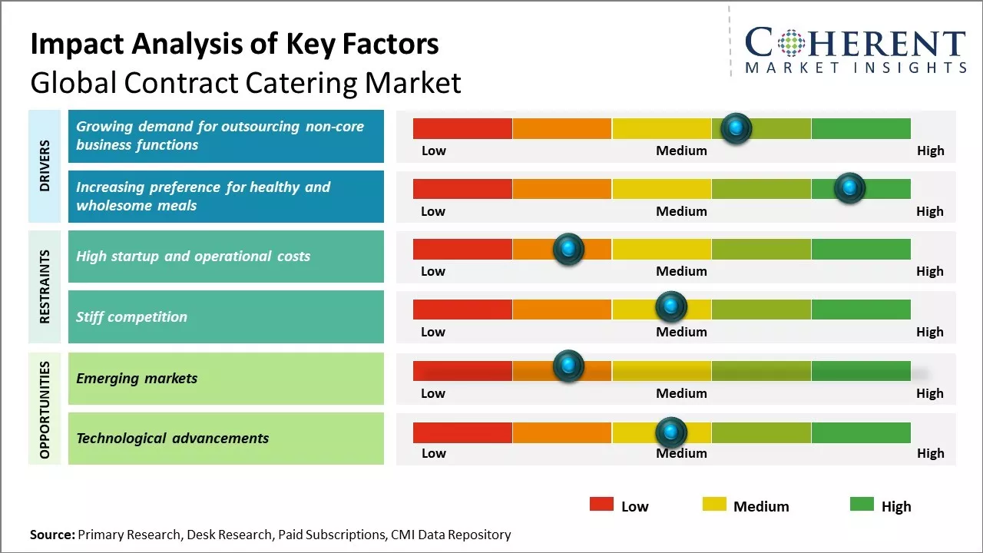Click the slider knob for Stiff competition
coord(671,307)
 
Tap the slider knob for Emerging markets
coord(568,367)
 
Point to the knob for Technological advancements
coord(671,432)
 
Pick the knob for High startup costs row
coord(568,249)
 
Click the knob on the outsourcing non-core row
coord(736,128)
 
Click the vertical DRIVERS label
coord(45,165)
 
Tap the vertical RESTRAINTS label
coord(45,286)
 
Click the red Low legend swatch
coord(601,505)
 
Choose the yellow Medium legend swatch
coord(714,505)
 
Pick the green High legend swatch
coord(862,505)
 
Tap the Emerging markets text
coord(137,378)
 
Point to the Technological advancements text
coord(173,439)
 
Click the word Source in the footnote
coord(52,535)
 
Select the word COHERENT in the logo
coord(856,43)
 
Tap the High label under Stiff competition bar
coord(929,332)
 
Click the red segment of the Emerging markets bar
coord(462,371)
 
